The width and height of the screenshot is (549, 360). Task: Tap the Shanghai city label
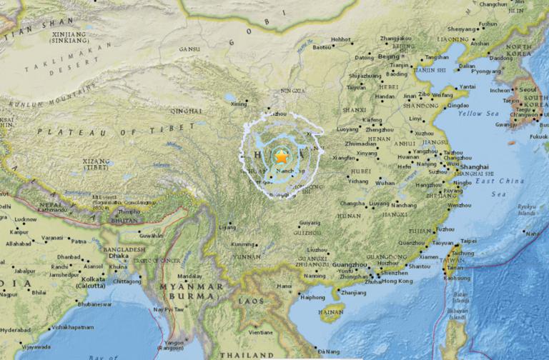[x=454, y=166]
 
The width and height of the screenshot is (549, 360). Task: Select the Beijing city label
[x=389, y=56]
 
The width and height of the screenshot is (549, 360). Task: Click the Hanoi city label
[x=285, y=286]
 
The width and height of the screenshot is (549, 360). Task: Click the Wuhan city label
[x=385, y=183]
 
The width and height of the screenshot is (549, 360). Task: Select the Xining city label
[x=239, y=104]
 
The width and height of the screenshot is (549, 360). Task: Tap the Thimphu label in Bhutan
[x=129, y=211]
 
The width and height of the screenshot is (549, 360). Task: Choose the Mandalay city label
[x=189, y=275]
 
